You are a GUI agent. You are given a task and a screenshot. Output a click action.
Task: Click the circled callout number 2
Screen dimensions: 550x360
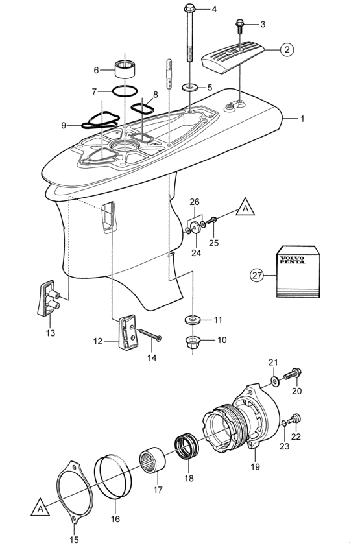[287, 49]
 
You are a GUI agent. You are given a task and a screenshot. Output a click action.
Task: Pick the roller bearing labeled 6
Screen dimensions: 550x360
[124, 67]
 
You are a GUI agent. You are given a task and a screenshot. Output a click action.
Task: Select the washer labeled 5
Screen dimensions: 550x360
[191, 86]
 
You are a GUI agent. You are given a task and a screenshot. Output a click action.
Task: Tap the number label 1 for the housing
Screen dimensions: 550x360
[302, 119]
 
